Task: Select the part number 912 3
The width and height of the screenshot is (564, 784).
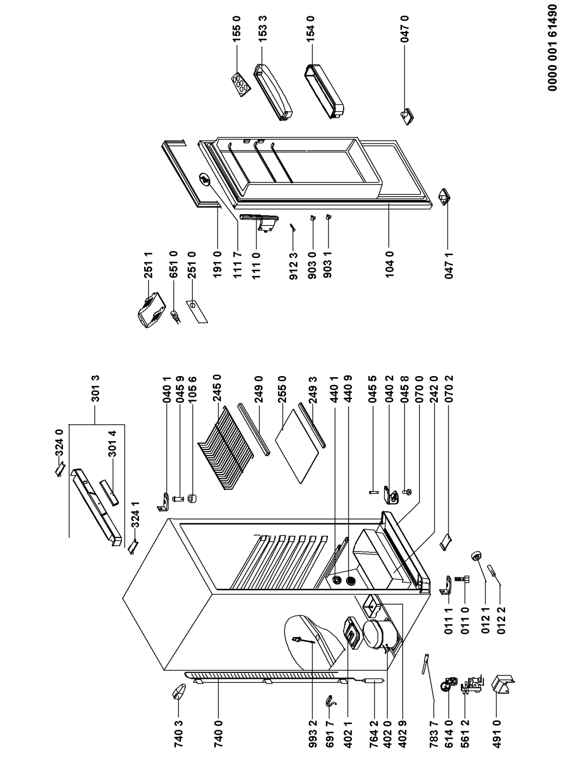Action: [x=292, y=266]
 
